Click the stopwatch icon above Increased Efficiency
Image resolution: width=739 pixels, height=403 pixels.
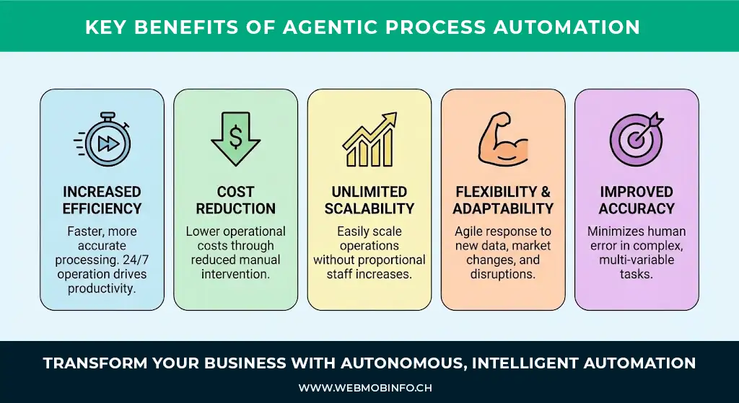pyautogui.click(x=102, y=139)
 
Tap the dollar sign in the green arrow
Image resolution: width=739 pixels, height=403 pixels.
pyautogui.click(x=236, y=136)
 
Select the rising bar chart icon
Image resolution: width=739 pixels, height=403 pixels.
pyautogui.click(x=369, y=140)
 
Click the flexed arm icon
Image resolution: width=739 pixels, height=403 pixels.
pyautogui.click(x=503, y=138)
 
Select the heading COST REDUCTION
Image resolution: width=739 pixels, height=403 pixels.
pyautogui.click(x=236, y=200)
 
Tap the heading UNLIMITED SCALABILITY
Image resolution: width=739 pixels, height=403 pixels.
pyautogui.click(x=369, y=200)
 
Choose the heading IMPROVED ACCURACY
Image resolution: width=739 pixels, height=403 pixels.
pyautogui.click(x=637, y=200)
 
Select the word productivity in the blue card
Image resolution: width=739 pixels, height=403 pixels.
pyautogui.click(x=102, y=288)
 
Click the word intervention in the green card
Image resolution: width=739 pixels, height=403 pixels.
pyautogui.click(x=236, y=274)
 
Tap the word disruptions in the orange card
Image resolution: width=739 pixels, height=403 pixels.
pyautogui.click(x=503, y=274)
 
